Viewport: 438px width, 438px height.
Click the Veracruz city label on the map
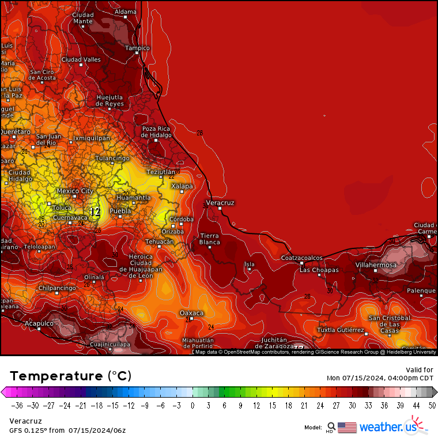tap(220, 203)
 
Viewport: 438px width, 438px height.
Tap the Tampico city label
tap(137, 48)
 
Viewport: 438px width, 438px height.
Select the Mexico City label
tap(75, 191)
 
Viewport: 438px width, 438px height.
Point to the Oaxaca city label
tap(191, 313)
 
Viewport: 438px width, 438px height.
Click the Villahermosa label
tap(376, 265)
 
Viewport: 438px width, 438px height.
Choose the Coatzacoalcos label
tap(302, 258)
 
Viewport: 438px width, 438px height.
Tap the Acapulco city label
tap(39, 324)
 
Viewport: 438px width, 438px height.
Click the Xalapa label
tap(182, 186)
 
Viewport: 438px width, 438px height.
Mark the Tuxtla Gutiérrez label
tap(341, 330)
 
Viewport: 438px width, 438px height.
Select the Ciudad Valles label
tap(81, 59)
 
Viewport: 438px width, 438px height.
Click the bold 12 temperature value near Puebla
tap(95, 212)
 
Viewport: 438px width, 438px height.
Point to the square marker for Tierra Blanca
tap(210, 247)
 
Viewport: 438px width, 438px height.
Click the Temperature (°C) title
tap(70, 376)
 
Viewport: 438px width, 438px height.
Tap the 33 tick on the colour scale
tap(368, 405)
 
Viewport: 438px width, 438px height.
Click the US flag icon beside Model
tap(347, 427)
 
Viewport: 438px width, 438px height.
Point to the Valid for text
tap(420, 369)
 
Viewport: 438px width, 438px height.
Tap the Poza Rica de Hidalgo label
tap(156, 131)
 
